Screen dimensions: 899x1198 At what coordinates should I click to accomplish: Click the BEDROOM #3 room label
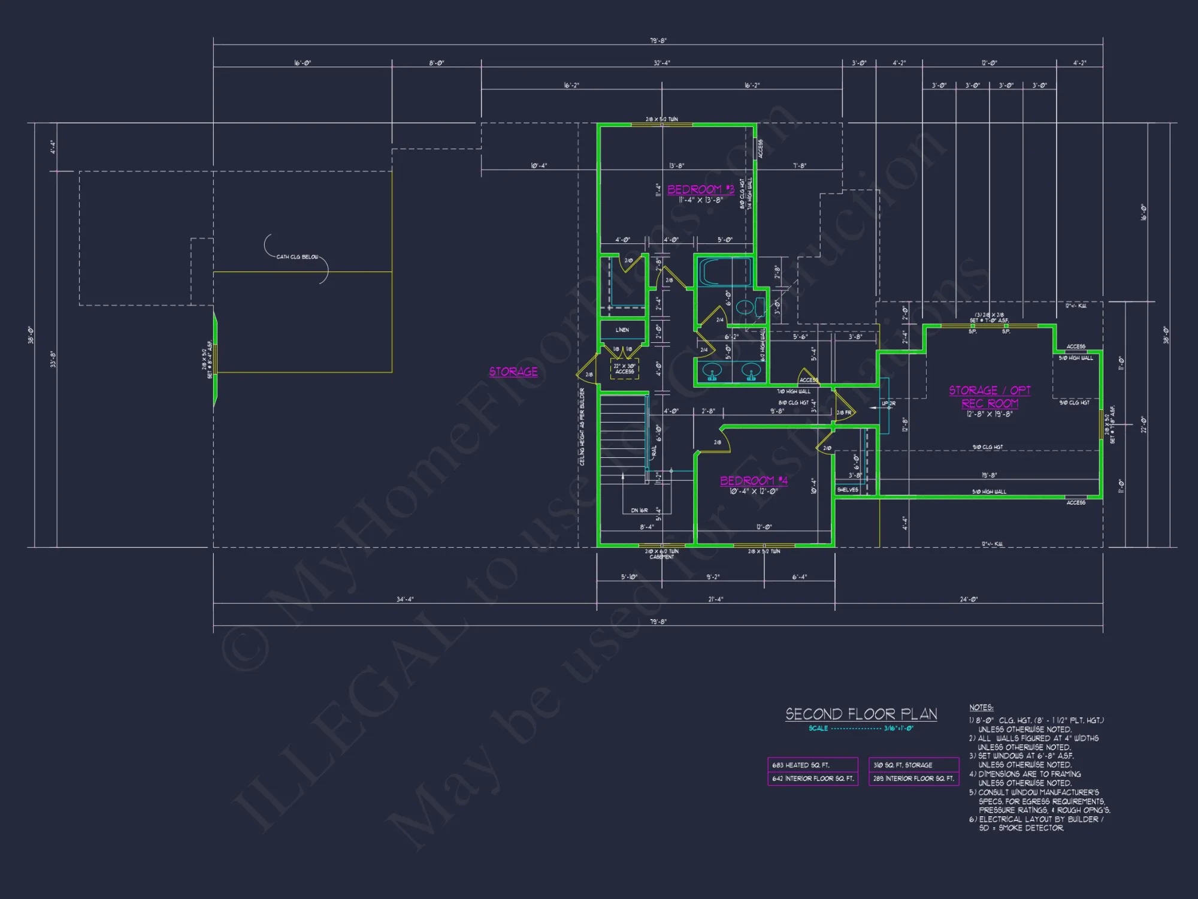pos(700,189)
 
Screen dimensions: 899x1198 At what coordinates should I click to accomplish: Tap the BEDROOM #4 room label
pos(753,481)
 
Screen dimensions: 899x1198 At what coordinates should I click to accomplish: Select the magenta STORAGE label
pos(513,372)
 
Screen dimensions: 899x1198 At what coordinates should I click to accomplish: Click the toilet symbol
pos(745,308)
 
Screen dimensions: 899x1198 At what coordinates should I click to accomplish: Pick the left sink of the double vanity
pos(712,371)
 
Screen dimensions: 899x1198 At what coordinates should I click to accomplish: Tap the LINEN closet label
pos(622,330)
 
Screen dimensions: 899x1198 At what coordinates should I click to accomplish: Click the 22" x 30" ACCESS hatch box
pos(624,369)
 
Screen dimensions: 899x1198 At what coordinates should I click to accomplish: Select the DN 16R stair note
pos(639,511)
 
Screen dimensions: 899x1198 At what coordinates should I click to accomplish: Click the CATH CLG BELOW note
pos(297,257)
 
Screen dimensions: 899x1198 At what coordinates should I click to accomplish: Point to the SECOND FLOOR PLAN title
pos(861,714)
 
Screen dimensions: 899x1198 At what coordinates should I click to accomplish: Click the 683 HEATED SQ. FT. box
pos(812,765)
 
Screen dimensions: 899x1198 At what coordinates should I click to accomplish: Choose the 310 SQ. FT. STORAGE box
pos(913,765)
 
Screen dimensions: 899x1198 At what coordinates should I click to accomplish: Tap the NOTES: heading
pos(981,708)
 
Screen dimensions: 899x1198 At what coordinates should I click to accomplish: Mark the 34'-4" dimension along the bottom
pos(405,599)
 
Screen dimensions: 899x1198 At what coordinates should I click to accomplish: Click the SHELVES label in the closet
pos(848,490)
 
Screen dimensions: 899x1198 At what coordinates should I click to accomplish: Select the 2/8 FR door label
pos(844,413)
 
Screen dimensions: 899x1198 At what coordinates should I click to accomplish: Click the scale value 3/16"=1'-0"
pos(898,729)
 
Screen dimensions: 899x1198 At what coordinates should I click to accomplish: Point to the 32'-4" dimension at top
pos(661,63)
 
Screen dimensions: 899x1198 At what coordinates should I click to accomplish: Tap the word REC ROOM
pos(990,404)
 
